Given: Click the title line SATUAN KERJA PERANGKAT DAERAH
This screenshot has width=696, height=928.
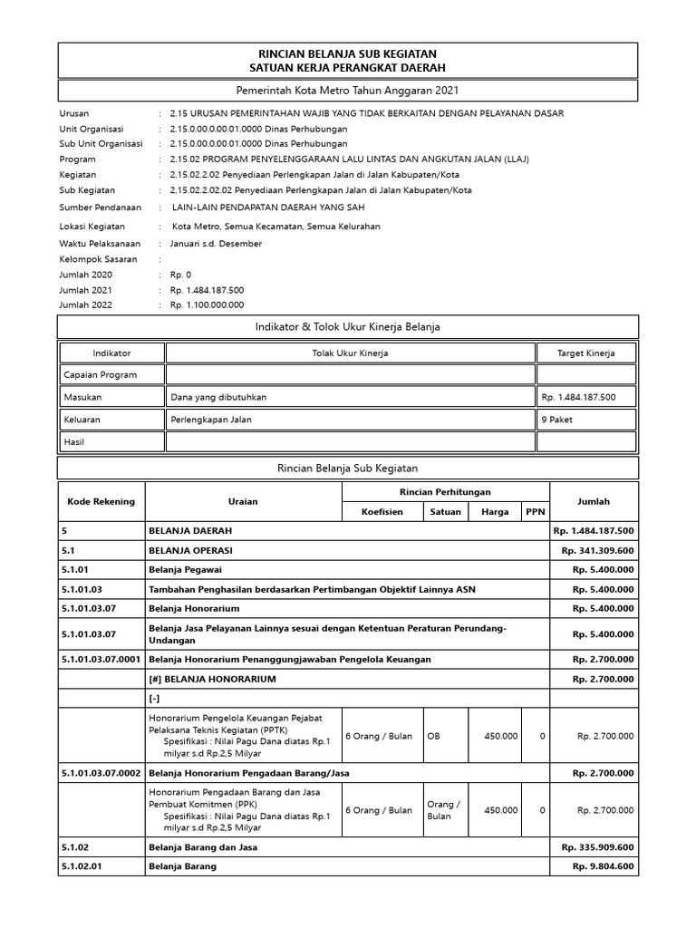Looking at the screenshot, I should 348,68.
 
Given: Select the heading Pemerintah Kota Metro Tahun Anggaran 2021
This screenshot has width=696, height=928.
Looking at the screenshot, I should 348,92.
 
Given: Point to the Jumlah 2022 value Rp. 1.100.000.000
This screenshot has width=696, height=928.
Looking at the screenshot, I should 207,305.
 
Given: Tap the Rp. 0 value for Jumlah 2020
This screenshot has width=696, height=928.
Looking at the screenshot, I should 181,275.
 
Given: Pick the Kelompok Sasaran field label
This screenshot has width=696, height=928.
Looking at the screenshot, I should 98,259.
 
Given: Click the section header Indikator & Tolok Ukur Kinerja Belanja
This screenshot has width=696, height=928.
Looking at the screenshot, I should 348,326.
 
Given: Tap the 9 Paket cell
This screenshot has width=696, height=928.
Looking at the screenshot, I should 556,420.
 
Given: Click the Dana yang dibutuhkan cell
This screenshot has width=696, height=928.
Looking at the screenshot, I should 218,397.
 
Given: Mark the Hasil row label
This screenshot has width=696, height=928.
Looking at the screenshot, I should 73,441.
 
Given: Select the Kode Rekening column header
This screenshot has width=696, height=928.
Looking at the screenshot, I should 101,501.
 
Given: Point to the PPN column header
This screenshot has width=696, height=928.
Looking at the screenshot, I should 535,512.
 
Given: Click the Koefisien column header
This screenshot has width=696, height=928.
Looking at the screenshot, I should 382,512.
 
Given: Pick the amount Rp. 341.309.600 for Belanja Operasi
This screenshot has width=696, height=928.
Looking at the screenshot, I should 596,551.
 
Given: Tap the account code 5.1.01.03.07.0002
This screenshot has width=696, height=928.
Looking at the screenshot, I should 101,772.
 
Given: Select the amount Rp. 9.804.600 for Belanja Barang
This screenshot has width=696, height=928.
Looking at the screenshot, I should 602,866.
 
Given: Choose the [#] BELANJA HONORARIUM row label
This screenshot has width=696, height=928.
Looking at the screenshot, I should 212,678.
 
